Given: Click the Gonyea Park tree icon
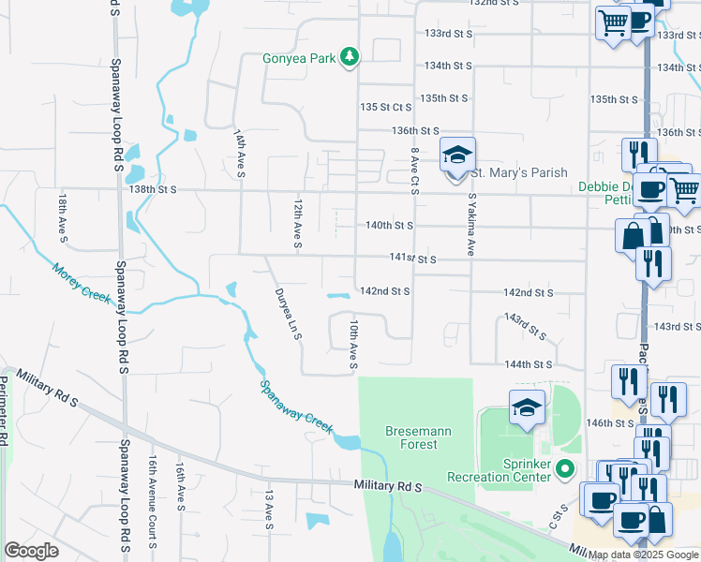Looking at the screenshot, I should (350, 58).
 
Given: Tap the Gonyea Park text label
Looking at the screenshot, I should (299, 59).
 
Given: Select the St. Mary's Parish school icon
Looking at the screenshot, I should (458, 156).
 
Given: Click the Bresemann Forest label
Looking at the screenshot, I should (411, 437).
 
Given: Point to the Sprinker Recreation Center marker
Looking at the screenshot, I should (563, 467).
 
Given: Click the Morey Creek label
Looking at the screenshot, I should (82, 281).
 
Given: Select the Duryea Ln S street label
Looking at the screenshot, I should (288, 314).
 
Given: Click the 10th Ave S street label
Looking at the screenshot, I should (353, 342).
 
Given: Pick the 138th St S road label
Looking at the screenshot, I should (154, 190).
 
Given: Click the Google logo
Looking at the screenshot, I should (32, 551).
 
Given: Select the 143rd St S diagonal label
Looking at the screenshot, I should (525, 326).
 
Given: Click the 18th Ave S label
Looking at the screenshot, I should (63, 218).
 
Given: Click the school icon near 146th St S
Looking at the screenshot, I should (527, 409).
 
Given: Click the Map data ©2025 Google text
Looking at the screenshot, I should (643, 555).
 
